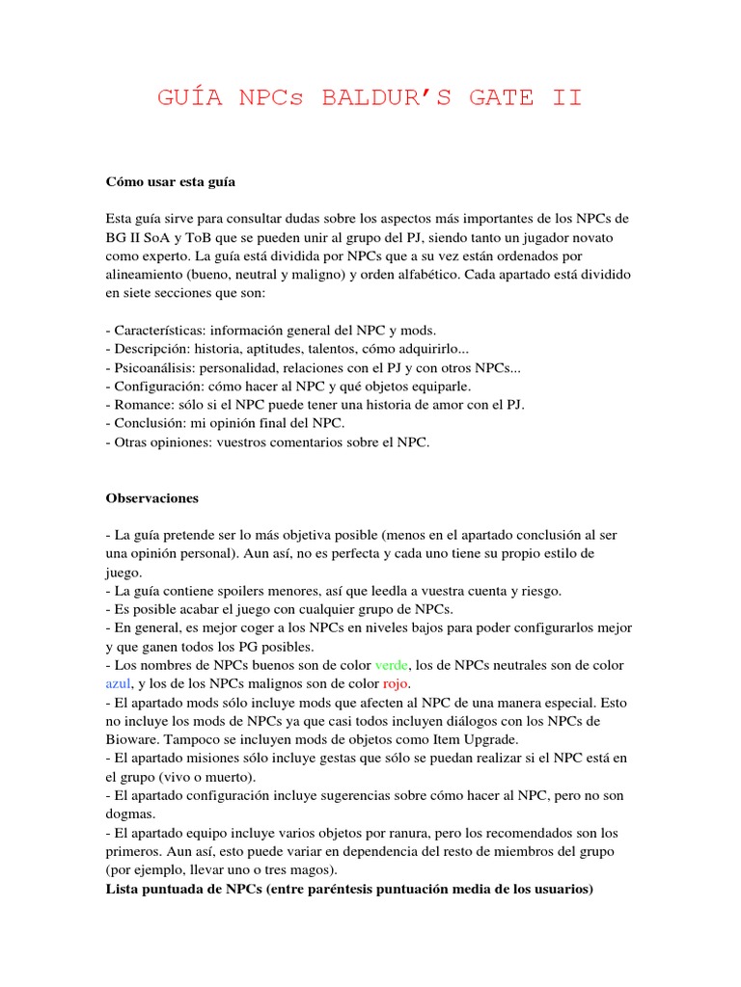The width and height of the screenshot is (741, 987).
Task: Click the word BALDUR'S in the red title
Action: pyautogui.click(x=382, y=99)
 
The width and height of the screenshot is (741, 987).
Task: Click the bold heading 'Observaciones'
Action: pyautogui.click(x=151, y=498)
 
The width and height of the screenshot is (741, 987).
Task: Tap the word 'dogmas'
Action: pyautogui.click(x=132, y=814)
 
